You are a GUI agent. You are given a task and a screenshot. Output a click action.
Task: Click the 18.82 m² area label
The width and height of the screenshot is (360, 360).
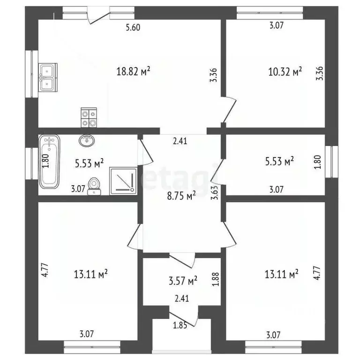point(133,71)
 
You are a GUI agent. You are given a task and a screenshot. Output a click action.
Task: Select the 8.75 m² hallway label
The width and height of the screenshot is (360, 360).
point(178,196)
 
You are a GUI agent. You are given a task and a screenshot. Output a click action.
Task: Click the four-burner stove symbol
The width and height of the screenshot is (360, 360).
point(89,117)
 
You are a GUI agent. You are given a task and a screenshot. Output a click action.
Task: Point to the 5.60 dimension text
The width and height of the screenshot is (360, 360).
point(133,27)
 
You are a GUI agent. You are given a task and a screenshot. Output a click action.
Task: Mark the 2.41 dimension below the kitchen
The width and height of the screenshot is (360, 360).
point(180,140)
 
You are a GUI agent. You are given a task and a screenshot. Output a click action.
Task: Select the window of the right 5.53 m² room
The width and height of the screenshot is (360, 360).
point(334,162)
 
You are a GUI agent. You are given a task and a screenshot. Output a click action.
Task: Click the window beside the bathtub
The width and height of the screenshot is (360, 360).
point(33,163)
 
